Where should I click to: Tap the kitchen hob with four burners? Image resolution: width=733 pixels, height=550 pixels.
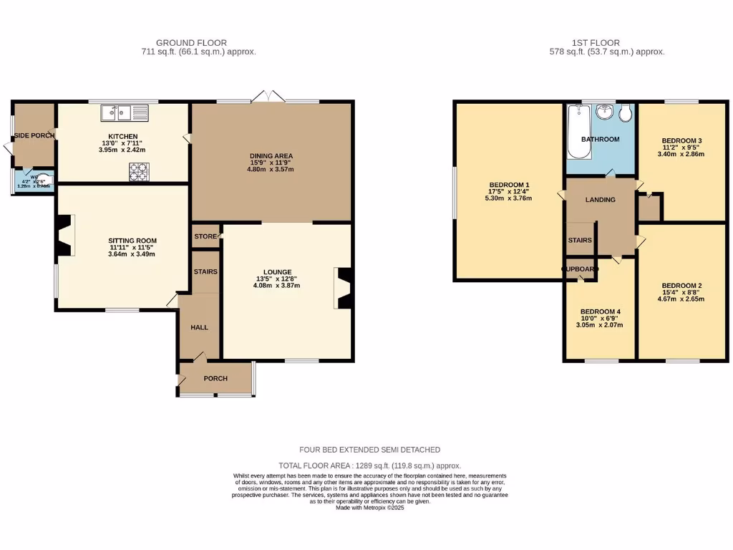click(x=138, y=171)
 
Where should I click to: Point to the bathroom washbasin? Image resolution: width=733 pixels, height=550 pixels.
click(x=605, y=112)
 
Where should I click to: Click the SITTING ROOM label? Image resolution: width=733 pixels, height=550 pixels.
click(x=132, y=241)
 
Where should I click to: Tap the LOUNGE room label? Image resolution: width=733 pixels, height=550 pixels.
click(x=277, y=272)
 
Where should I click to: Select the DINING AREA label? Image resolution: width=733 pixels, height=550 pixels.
click(x=271, y=156)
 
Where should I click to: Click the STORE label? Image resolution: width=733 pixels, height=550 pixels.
click(x=205, y=236)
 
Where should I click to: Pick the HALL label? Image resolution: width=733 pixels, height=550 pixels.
click(x=199, y=327)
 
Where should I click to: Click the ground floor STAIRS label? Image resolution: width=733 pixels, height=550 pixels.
click(x=205, y=272)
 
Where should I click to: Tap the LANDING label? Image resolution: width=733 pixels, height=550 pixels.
click(x=600, y=200)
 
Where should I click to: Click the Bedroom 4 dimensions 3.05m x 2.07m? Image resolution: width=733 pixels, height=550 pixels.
click(x=600, y=325)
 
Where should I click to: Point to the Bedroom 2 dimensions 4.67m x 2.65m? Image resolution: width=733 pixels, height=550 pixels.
click(x=681, y=299)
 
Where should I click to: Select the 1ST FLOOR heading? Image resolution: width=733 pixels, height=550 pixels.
click(x=596, y=43)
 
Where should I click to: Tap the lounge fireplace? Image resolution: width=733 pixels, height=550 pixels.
click(x=344, y=288)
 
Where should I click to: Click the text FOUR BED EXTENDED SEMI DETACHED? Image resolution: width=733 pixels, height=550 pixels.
click(x=369, y=450)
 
